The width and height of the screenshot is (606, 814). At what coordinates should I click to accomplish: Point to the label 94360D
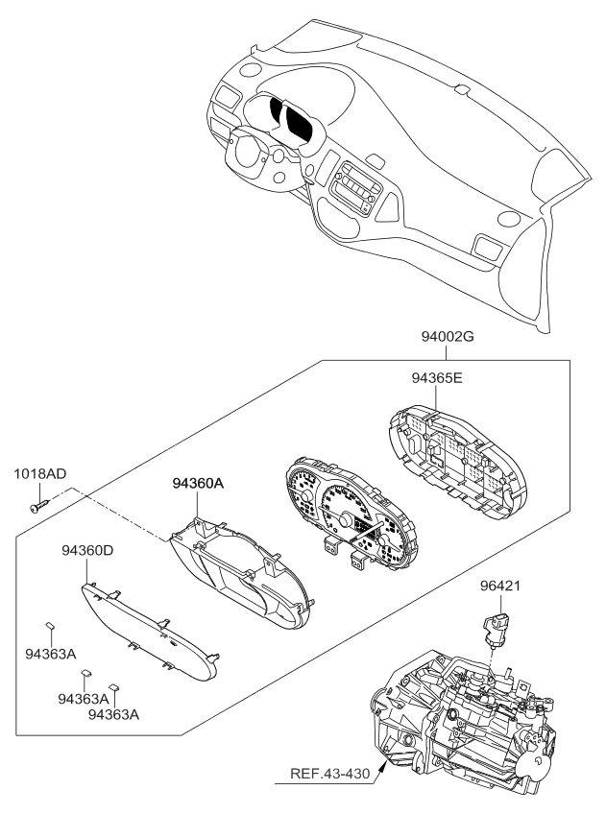pyautogui.click(x=88, y=551)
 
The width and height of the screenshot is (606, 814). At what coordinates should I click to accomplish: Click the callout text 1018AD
pyautogui.click(x=40, y=474)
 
